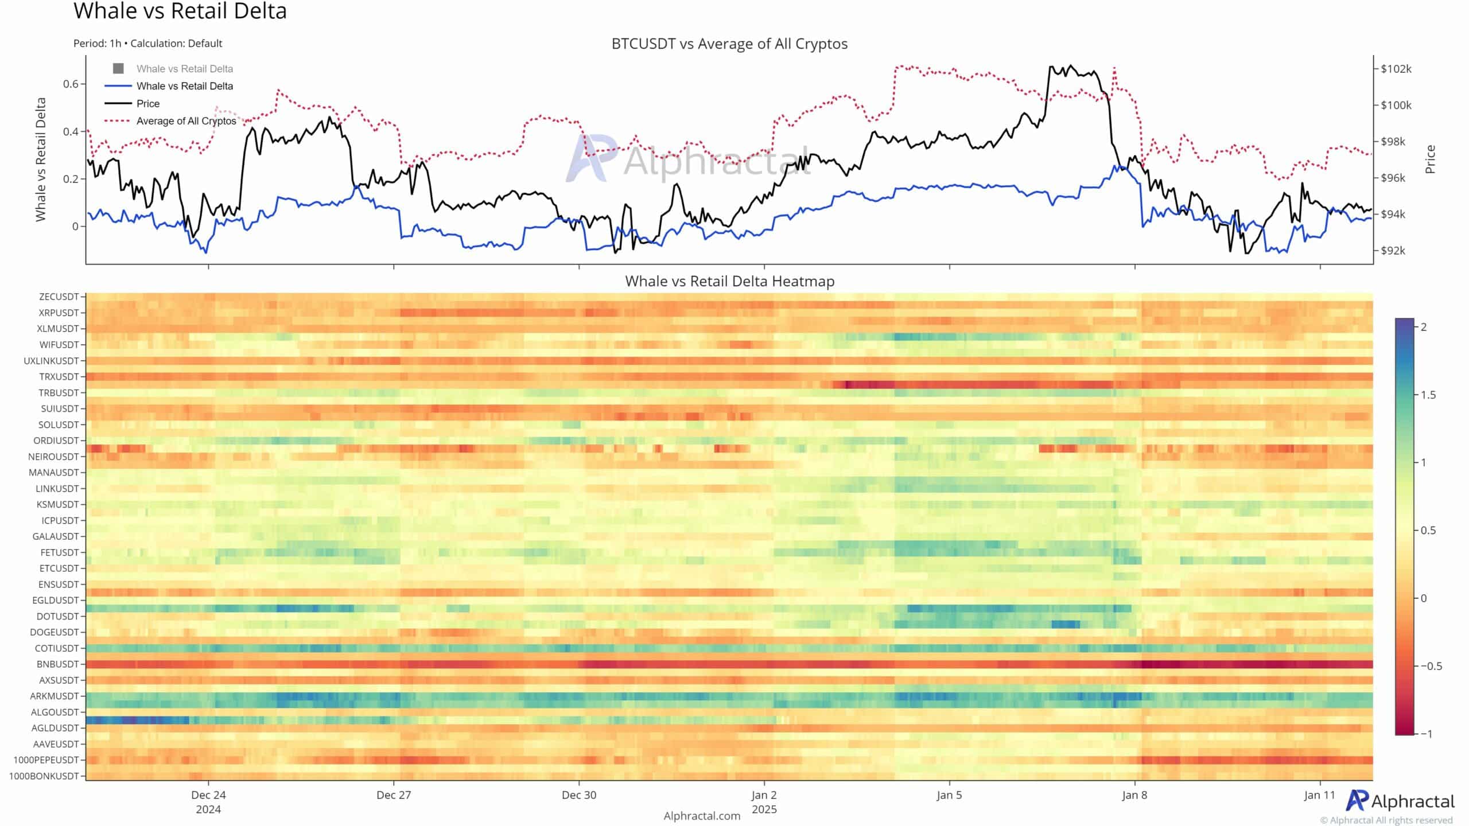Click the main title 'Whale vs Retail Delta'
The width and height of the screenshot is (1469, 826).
click(180, 11)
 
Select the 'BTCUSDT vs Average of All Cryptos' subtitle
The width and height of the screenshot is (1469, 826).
click(729, 44)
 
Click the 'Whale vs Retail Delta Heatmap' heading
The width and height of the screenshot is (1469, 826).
click(729, 281)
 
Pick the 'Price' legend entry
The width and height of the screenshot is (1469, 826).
click(147, 104)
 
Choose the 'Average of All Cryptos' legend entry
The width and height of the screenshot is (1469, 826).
click(186, 121)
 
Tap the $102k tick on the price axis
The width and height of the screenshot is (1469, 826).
click(1396, 69)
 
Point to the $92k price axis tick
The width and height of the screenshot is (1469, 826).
click(1393, 251)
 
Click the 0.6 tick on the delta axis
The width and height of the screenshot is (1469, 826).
click(71, 84)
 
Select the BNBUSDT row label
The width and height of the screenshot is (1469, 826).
click(57, 664)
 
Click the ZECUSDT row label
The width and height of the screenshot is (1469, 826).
click(59, 297)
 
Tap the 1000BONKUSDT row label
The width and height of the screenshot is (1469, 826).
click(44, 776)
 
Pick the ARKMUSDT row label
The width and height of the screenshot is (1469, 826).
click(54, 696)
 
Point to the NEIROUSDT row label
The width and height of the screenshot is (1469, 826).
click(53, 457)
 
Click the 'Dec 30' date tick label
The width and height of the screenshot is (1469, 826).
click(579, 795)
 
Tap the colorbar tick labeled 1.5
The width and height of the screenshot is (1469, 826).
click(1428, 395)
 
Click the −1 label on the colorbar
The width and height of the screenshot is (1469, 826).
click(1426, 734)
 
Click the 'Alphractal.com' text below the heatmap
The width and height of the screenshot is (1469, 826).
click(702, 816)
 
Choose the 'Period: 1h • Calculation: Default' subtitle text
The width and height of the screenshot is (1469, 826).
click(147, 44)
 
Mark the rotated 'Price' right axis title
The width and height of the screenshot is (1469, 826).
click(1430, 159)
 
